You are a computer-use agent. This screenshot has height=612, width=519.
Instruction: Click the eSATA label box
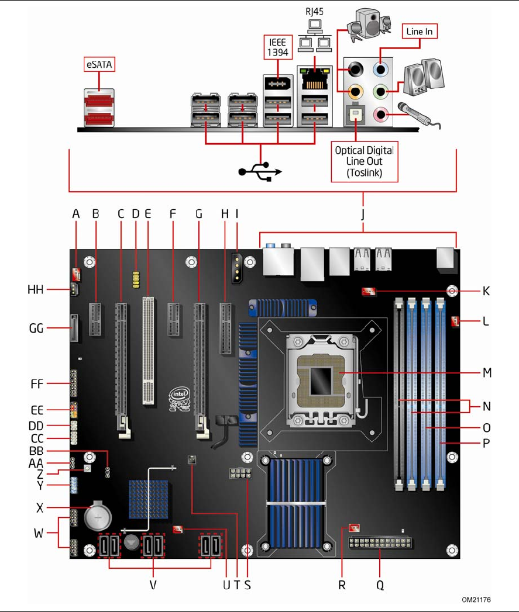(99, 64)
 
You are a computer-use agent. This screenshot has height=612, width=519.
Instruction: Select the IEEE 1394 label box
(278, 47)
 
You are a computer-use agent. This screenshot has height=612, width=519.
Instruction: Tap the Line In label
(420, 31)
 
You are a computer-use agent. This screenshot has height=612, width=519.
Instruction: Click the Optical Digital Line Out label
(365, 161)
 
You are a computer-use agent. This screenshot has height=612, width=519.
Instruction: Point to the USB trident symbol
(260, 171)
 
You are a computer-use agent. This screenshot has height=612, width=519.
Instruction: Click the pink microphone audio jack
(380, 115)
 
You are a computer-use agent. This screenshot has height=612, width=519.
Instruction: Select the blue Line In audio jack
(380, 70)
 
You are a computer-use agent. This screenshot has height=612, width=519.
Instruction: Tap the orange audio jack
(356, 92)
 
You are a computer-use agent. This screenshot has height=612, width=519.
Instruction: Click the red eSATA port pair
(99, 108)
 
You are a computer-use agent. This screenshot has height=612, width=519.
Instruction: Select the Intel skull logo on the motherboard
(180, 399)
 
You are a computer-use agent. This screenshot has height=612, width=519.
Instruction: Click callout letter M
(487, 373)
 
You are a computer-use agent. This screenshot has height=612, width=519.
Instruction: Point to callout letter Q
(380, 585)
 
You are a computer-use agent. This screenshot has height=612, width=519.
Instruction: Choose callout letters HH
(36, 289)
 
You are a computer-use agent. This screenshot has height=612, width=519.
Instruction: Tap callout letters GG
(36, 329)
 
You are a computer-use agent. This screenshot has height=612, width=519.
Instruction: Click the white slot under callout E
(148, 351)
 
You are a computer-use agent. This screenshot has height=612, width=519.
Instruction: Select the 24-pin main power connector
(380, 543)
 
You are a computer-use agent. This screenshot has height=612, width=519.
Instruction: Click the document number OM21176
(476, 600)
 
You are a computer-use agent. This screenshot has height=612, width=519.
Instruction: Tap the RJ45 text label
(315, 11)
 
